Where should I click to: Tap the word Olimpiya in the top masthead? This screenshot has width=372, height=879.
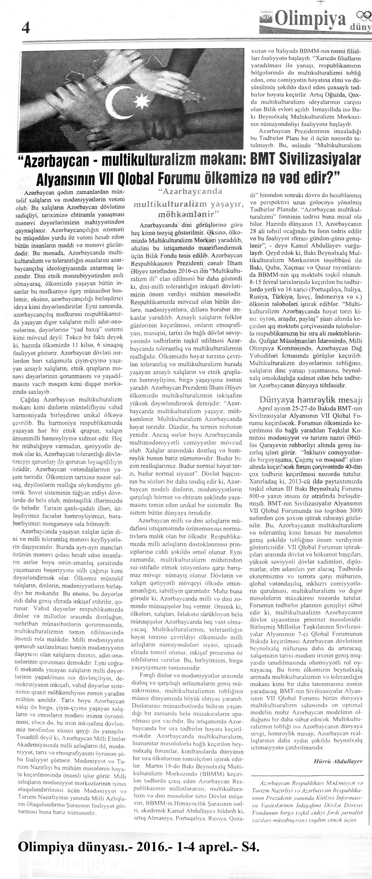311,21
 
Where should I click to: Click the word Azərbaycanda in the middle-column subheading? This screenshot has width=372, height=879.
191,191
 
